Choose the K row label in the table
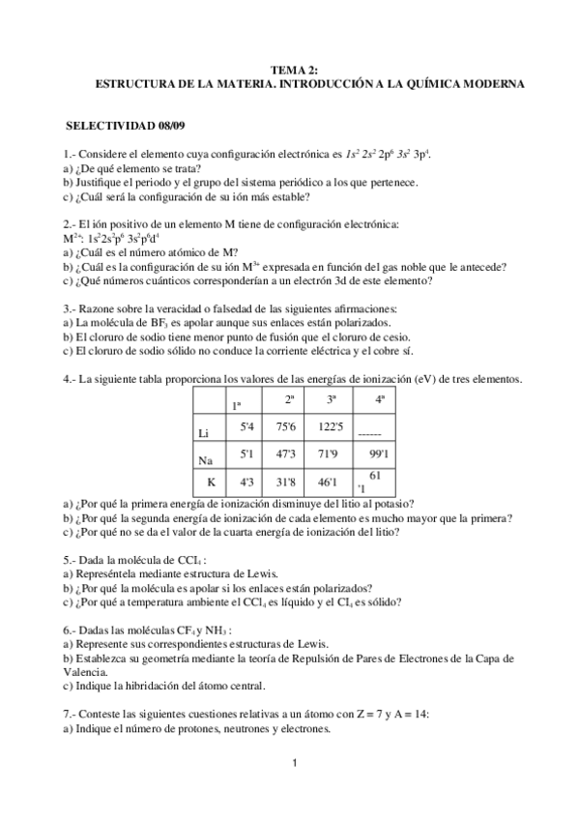210,482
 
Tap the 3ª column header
332,398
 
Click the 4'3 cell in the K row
247,482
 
